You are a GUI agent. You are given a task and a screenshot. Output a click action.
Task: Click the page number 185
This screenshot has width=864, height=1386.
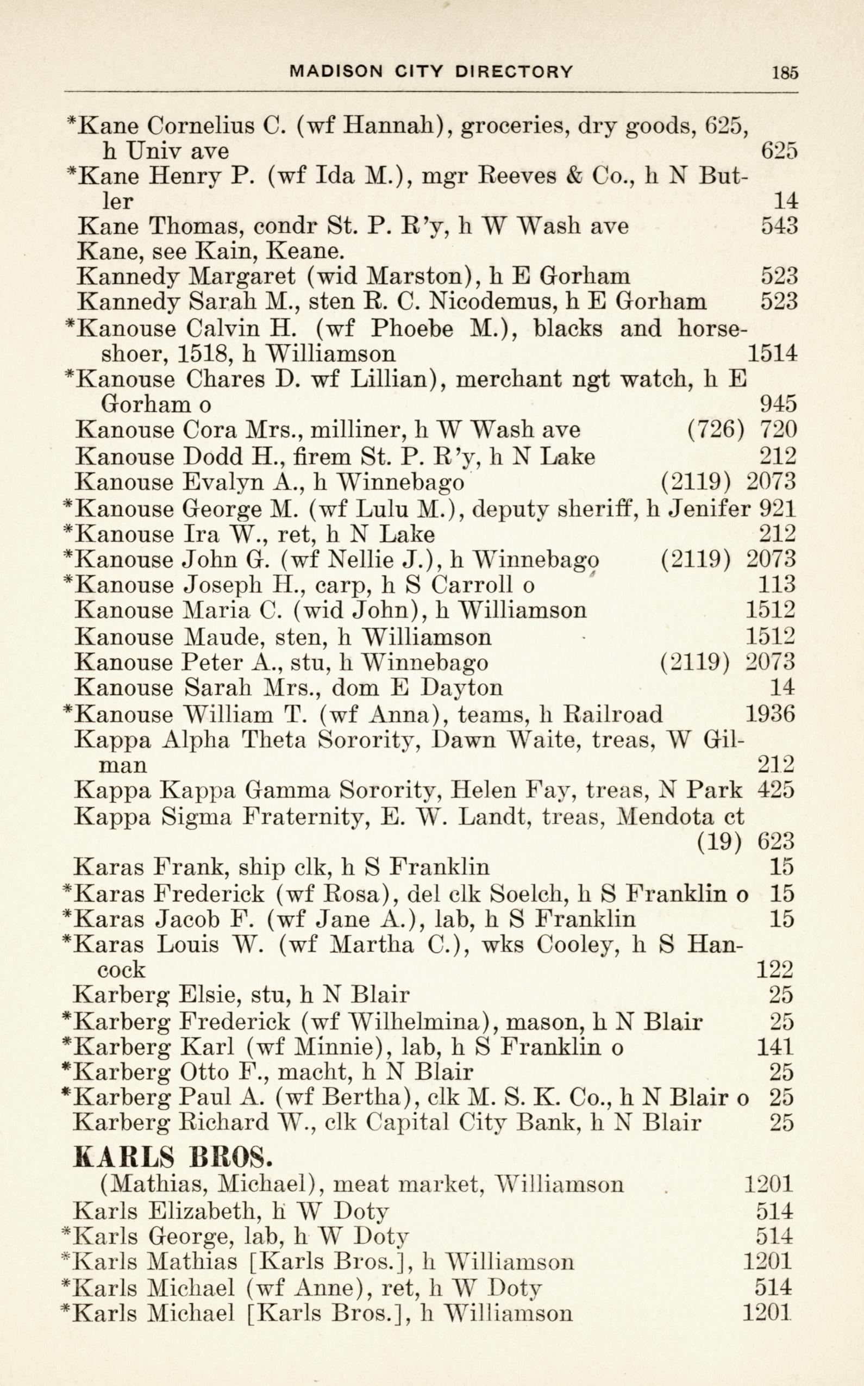point(785,73)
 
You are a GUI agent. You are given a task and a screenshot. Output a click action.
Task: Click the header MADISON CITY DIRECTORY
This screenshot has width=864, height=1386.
point(431,71)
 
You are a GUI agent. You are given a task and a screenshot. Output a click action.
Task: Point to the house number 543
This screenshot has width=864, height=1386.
point(779,226)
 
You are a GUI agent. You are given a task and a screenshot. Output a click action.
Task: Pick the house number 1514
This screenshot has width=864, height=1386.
point(772,354)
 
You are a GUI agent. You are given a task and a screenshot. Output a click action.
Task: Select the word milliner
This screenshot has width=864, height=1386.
point(362,430)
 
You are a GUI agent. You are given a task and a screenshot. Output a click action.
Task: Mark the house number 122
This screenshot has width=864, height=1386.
point(774,969)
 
